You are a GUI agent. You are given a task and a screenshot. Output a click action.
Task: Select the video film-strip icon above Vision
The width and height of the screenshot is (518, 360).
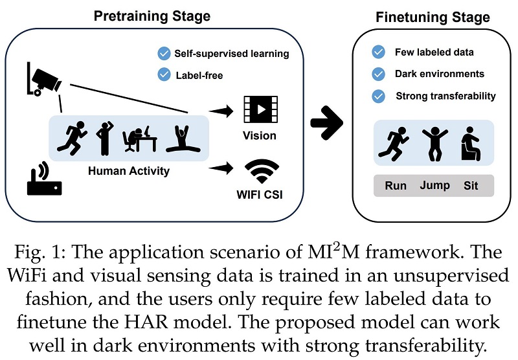[260, 109]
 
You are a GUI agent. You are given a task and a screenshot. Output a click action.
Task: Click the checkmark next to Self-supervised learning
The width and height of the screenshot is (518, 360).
[164, 53]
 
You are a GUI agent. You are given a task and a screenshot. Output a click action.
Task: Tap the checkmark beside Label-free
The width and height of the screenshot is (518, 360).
[164, 75]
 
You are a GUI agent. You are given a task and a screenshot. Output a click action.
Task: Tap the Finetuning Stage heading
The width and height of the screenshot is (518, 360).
[433, 17]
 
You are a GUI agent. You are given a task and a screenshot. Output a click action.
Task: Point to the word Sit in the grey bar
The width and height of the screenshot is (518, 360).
[471, 186]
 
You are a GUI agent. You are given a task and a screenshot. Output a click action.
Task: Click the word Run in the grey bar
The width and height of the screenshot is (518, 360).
[396, 186]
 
